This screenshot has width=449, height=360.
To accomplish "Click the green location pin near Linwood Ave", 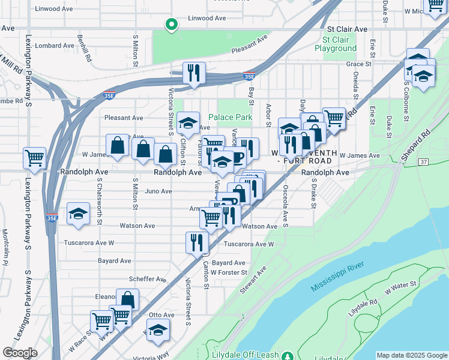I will [x=171, y=25].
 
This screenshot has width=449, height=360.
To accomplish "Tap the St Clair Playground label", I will [x=335, y=44].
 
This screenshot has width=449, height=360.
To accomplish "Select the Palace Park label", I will [x=231, y=118].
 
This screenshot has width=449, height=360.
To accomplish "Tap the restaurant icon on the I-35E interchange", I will [x=194, y=74].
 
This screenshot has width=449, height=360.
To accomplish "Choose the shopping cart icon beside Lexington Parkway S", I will [x=35, y=158].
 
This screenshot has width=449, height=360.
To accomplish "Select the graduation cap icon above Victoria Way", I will [x=158, y=331].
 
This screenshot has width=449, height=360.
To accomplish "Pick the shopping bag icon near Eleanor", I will [x=127, y=299].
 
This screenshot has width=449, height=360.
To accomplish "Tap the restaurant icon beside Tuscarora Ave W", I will [x=197, y=242].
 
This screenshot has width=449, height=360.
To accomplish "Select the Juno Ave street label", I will [x=158, y=191].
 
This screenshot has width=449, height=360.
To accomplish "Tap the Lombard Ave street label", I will [x=55, y=46].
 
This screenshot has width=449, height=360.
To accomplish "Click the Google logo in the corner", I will [x=20, y=353].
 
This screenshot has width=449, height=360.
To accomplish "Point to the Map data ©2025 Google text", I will [x=411, y=355].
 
